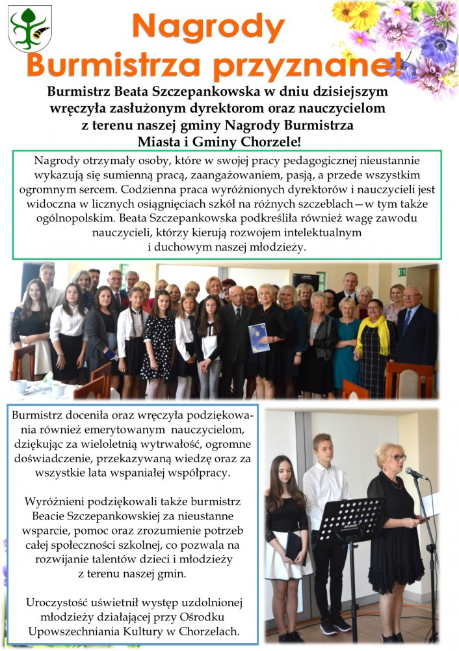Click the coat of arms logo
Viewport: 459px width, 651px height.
coord(30,29)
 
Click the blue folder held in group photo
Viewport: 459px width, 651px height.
coord(258,338)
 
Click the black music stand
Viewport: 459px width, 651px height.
coord(351,521)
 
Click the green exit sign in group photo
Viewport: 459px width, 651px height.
coord(401,271)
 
